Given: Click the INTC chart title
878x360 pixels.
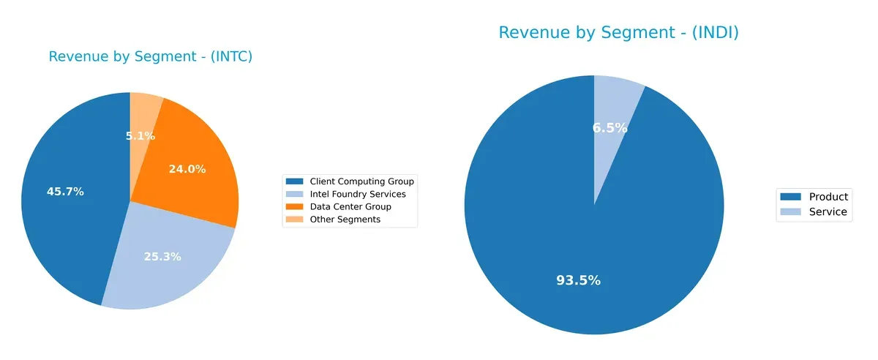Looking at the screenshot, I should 150,56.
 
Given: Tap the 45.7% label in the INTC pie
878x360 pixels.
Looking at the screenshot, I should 65,192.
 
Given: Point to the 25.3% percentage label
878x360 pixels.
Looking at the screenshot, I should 162,257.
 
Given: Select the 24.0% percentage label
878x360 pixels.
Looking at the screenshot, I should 187,169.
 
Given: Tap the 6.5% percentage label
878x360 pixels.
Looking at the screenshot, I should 609,128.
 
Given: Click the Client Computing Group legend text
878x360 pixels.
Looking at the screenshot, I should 361,181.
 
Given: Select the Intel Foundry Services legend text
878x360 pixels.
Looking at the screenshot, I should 357,194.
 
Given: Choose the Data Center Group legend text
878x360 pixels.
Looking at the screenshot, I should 350,207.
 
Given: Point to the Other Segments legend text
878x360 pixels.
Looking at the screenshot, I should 345,220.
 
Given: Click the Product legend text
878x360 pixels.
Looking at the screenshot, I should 828,197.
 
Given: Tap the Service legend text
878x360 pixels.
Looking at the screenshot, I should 828,212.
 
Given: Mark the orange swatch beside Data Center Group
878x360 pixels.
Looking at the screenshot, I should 295,207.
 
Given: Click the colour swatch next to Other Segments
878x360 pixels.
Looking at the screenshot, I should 295,220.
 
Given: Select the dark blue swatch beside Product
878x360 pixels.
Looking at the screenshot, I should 791,197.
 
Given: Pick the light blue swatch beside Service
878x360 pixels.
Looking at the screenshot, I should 791,212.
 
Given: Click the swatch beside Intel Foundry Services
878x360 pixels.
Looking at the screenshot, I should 295,194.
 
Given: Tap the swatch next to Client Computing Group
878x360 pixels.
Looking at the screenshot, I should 295,181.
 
